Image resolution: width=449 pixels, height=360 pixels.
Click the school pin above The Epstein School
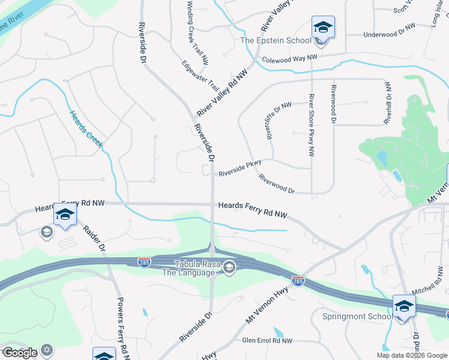click(x=323, y=28)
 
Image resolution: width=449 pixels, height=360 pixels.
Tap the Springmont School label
click(x=357, y=316)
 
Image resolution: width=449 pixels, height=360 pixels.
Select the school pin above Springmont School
click(x=404, y=307)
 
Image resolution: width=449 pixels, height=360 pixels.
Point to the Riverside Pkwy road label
click(x=240, y=171)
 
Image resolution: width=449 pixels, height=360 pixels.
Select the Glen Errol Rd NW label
click(x=267, y=340)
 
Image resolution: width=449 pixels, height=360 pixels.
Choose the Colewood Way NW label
click(x=289, y=58)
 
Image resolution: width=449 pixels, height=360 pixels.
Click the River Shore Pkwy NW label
click(x=312, y=125)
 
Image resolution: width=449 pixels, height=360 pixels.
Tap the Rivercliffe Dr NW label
click(x=279, y=121)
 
